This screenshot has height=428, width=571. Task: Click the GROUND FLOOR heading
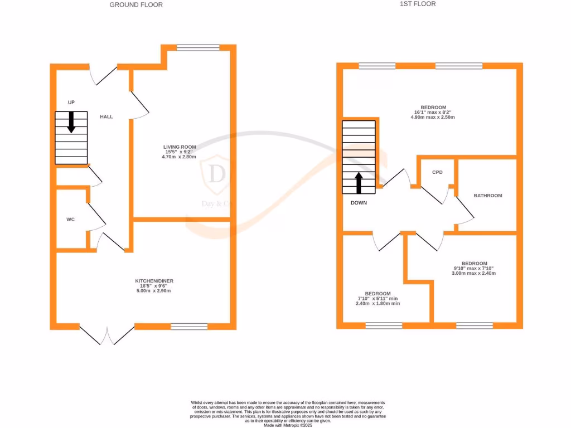point(136,4)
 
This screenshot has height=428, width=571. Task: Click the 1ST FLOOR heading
point(418,4)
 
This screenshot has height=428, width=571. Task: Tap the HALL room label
point(106,117)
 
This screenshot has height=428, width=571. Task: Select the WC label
point(70,220)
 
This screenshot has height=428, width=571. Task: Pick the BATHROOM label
point(487,196)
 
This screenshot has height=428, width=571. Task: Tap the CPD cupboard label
point(437,172)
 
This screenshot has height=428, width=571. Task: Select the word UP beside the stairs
point(71,103)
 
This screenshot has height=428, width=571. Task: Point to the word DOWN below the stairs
point(359,203)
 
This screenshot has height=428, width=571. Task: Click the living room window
point(198,48)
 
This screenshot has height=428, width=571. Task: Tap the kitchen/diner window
point(189,327)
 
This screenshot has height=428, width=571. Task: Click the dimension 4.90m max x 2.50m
point(433,118)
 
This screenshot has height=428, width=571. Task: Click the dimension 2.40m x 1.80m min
point(378,304)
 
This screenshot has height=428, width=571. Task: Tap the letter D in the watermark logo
point(216,174)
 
